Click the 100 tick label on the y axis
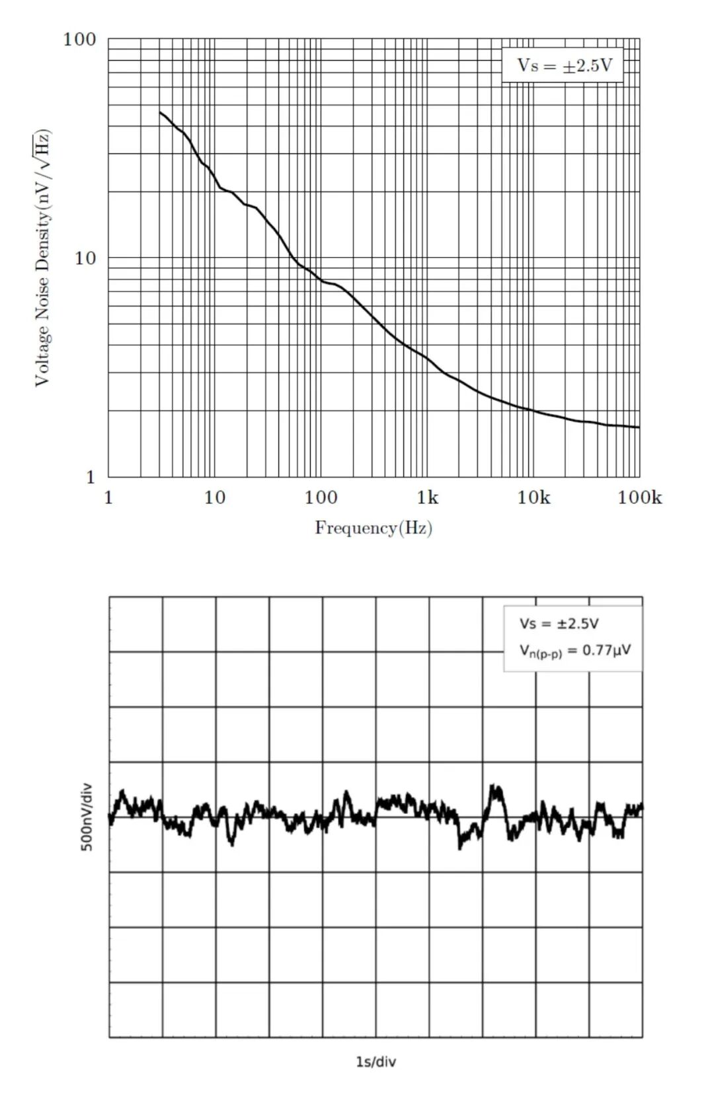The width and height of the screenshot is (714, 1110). [79, 40]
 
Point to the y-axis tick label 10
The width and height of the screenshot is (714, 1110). [85, 258]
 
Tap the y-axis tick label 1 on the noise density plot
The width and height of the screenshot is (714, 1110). [91, 477]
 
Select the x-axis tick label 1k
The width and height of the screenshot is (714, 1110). [427, 498]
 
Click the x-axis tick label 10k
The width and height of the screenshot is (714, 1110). [533, 498]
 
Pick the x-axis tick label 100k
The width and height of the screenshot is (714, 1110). [639, 498]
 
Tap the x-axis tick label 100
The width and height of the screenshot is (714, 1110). [321, 498]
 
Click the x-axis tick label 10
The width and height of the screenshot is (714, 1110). [214, 498]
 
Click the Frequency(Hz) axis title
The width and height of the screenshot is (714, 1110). [374, 528]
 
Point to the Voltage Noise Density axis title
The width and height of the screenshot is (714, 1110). [42, 258]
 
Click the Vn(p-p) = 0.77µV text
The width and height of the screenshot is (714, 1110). [575, 651]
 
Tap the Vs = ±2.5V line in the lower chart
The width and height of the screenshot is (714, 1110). [559, 624]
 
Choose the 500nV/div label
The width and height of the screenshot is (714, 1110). [87, 817]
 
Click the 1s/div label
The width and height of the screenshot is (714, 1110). [376, 1061]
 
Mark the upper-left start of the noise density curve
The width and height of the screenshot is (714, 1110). [160, 112]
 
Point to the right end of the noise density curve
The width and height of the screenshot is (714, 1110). [639, 427]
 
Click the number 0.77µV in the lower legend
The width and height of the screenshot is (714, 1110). [606, 650]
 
